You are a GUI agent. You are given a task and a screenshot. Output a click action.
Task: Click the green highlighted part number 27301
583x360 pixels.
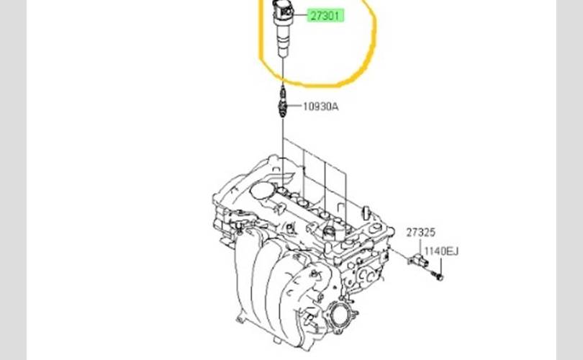coord(325,16)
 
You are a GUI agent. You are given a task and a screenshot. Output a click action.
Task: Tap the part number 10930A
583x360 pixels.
coord(321,107)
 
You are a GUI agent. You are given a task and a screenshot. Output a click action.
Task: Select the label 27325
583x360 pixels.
coord(420,233)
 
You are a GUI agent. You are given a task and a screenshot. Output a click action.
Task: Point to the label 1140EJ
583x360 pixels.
coord(441,251)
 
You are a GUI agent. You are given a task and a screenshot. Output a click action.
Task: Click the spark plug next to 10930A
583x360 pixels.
coord(283,102)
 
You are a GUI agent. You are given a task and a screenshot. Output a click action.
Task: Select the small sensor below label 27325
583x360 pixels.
coord(418,260)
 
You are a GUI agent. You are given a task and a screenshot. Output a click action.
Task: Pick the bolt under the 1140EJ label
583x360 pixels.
coord(438,276)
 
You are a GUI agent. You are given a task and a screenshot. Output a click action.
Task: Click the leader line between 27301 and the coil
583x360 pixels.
coord(300,16)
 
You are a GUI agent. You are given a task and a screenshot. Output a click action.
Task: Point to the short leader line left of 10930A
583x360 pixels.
coord(295,106)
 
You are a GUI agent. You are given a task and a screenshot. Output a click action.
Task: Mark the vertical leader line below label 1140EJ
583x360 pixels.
coord(441,266)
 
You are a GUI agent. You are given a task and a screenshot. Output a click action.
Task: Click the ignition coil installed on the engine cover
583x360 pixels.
coord(329,233)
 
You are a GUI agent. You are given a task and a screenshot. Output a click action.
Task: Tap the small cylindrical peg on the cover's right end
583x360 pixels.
coord(366,212)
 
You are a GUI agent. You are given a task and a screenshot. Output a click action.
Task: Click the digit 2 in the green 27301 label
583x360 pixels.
coord(313,16)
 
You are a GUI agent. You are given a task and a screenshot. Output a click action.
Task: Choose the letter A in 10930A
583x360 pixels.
coord(335,107)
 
